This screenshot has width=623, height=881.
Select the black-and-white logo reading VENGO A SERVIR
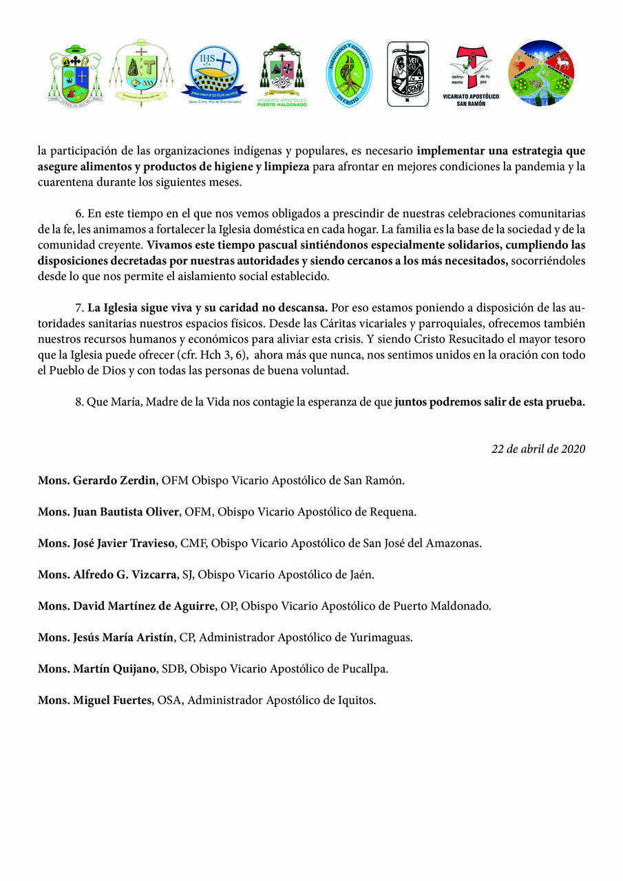408,74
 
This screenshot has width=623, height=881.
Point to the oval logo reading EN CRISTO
349,74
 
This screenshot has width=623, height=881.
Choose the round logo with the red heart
541,73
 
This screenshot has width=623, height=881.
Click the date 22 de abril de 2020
538,449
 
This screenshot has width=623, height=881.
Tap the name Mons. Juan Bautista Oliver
109,512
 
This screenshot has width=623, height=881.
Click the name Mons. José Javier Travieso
107,543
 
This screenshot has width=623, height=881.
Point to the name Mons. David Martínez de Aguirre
127,606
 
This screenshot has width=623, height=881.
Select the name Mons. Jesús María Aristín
105,637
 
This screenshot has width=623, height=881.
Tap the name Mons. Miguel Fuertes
94,701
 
